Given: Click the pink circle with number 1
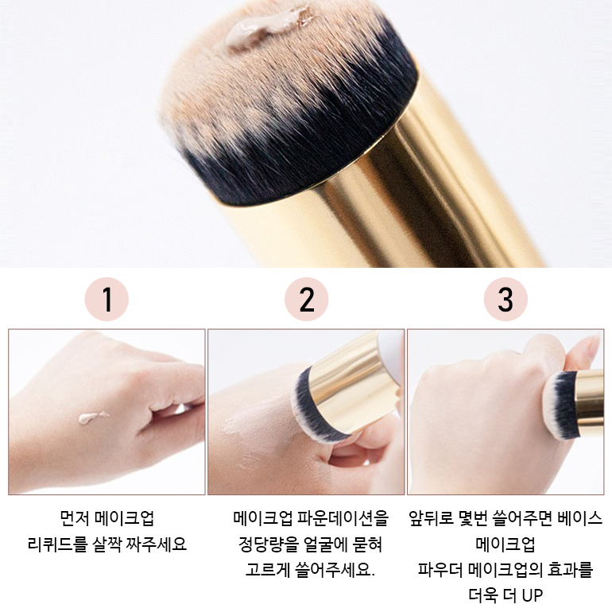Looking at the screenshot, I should click(x=107, y=300).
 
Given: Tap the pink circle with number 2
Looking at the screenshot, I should click(x=307, y=300).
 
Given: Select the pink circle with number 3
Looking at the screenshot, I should click(x=505, y=300).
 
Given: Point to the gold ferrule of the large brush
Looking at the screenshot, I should click(x=429, y=175).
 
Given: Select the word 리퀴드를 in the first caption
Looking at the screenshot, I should click(x=56, y=545).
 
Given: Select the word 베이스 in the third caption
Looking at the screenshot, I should click(x=578, y=519).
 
